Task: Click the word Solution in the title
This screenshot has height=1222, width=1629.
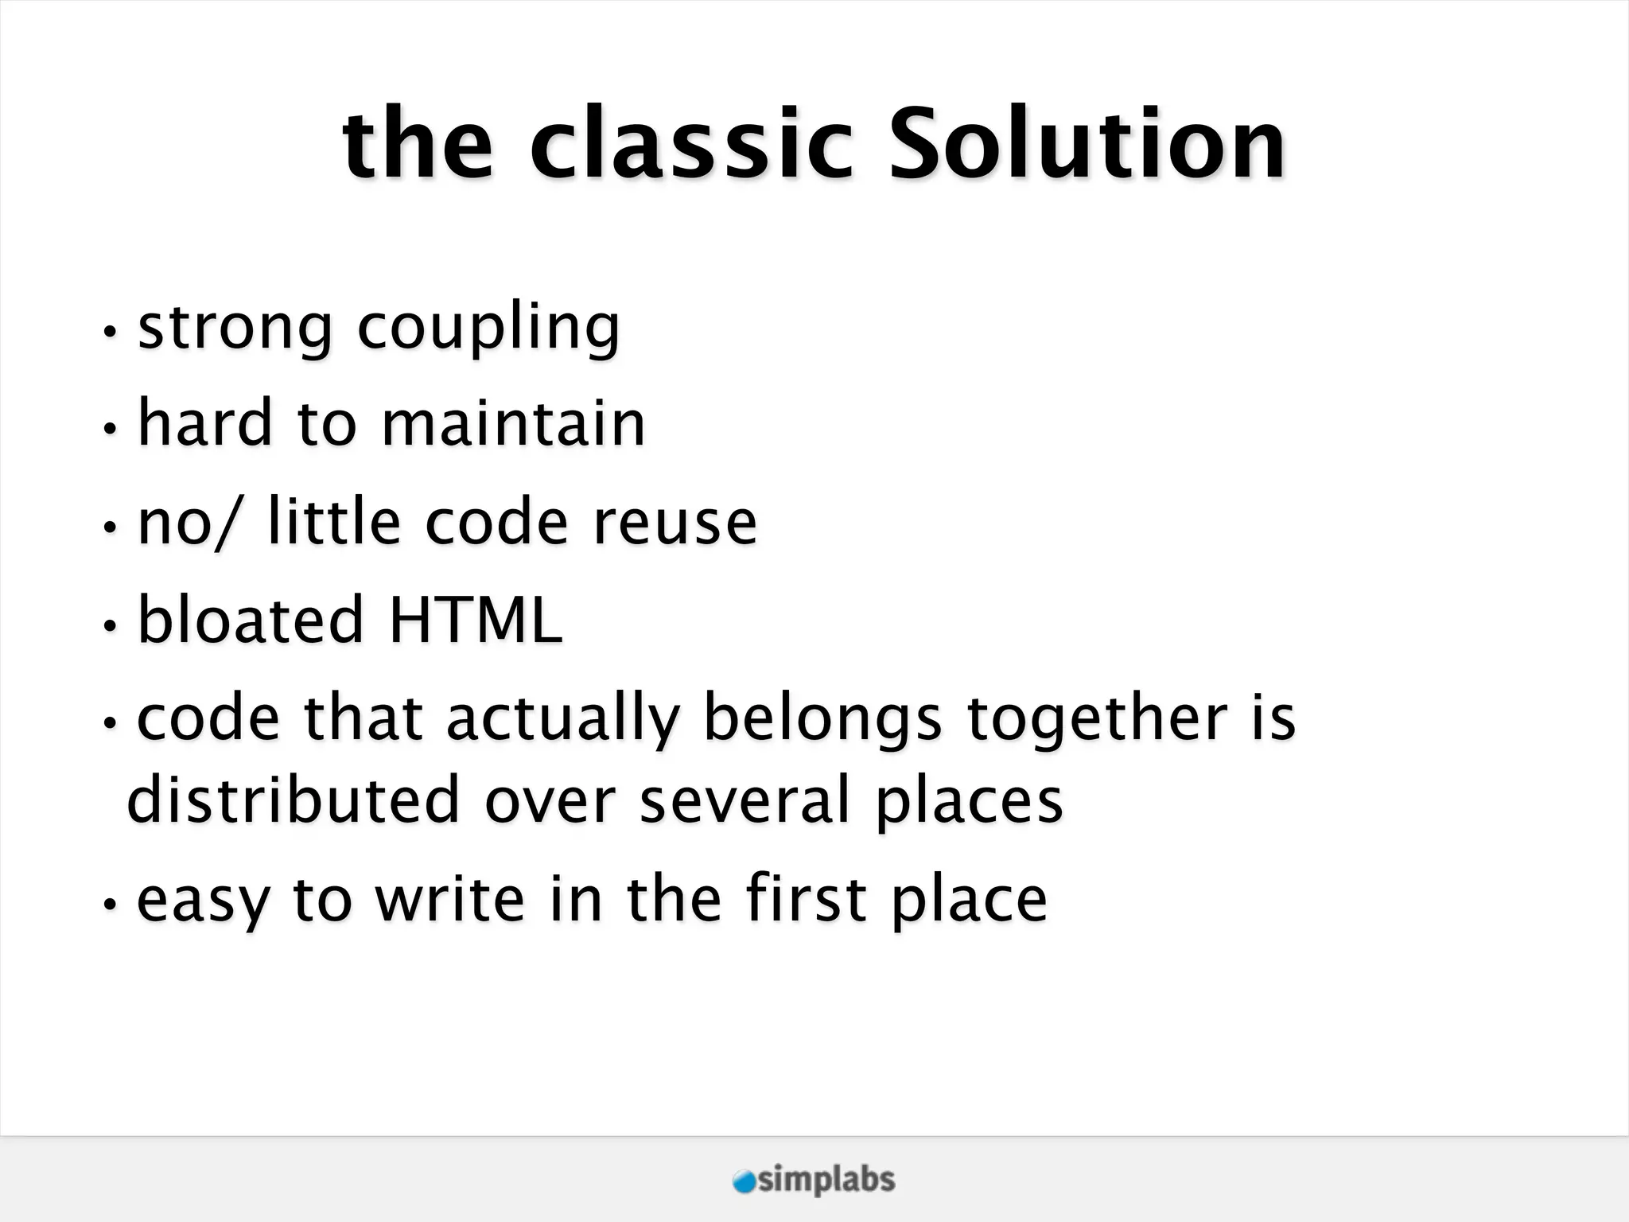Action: pos(1086,145)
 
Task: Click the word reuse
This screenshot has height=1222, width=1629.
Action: pos(675,523)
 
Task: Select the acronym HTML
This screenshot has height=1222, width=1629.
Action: pos(476,620)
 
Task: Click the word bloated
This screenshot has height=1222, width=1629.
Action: pos(251,620)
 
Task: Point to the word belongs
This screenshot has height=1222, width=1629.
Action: pos(823,720)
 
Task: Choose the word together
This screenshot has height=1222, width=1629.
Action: pos(1098,720)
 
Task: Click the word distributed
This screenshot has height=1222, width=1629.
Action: pos(294,800)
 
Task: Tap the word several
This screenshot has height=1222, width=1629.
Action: pos(745,800)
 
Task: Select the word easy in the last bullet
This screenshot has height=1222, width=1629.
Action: pos(203,901)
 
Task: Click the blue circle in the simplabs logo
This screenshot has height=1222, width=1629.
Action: pos(744,1181)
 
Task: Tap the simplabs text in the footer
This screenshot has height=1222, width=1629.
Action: pos(826,1181)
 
